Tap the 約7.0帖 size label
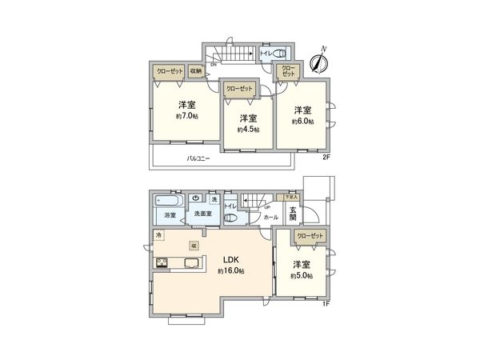[x=188, y=116]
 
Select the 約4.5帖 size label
[x=248, y=130]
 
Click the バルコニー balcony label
[x=198, y=159]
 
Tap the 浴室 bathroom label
[x=170, y=214]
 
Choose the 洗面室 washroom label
[x=202, y=214]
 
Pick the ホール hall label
[x=271, y=217]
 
